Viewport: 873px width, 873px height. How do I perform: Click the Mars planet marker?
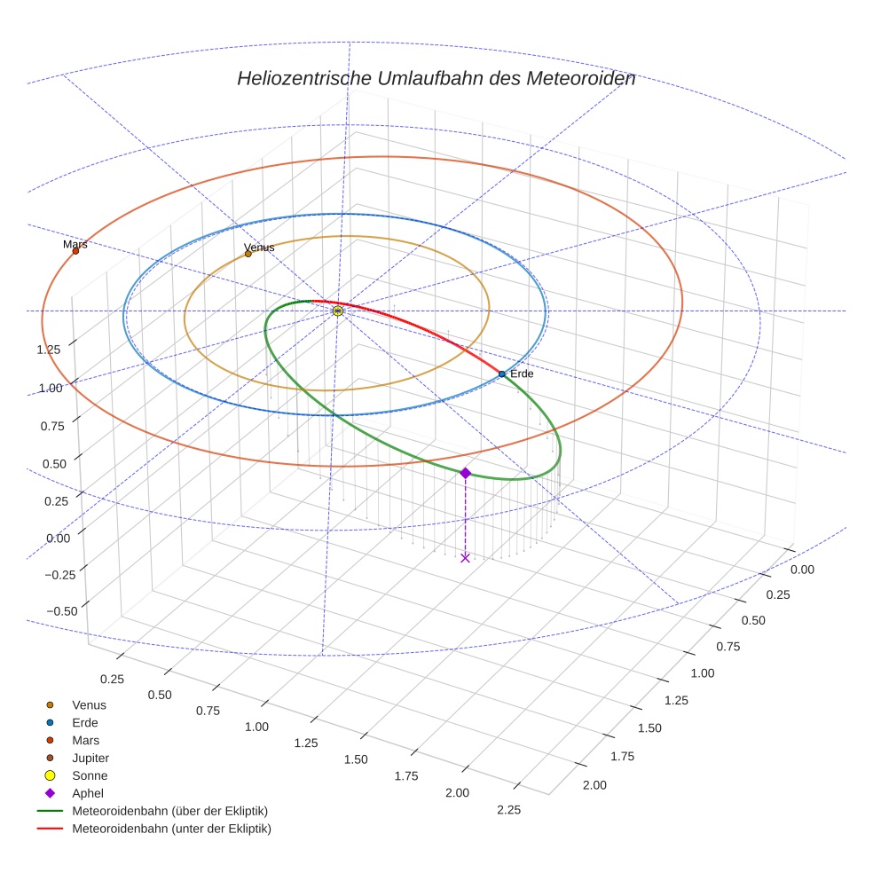pos(75,251)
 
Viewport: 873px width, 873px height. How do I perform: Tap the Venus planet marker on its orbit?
pos(248,254)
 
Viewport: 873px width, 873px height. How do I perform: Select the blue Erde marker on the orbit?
pos(501,374)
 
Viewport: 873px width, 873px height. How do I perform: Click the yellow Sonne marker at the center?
pos(338,311)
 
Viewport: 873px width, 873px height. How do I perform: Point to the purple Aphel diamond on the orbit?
pos(465,473)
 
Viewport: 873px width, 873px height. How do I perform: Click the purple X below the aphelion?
pos(465,557)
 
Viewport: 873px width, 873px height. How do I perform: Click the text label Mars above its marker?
pos(75,243)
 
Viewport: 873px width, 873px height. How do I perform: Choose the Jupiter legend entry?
pos(90,758)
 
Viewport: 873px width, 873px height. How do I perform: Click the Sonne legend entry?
pos(90,775)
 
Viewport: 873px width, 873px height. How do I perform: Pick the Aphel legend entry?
pos(87,793)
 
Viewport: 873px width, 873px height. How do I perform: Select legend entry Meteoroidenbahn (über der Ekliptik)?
pos(169,811)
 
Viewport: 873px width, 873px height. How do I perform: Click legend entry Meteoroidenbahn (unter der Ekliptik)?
pos(171,829)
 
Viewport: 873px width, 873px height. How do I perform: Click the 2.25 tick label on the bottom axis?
pos(508,809)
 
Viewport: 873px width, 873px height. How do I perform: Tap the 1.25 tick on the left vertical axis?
pos(49,349)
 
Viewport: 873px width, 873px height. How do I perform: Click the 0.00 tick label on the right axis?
pos(801,569)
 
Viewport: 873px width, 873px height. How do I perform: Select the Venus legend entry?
pos(89,704)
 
